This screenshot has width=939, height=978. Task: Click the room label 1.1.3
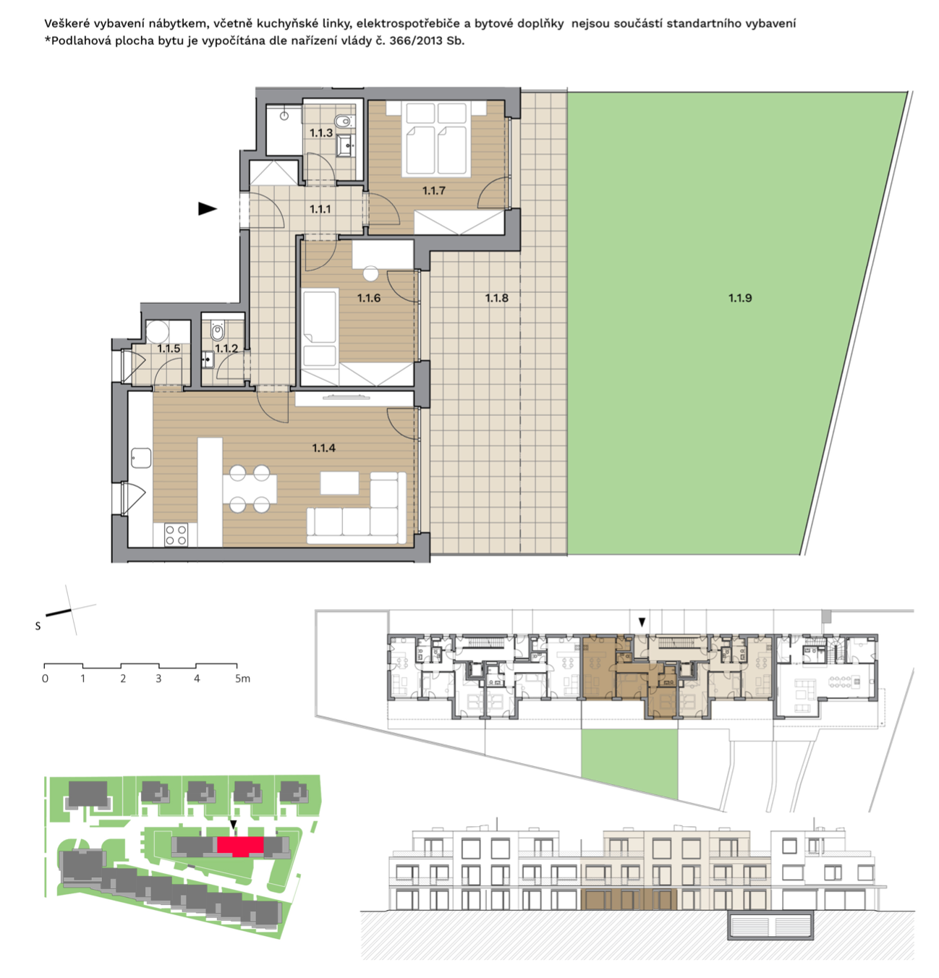[x=320, y=132]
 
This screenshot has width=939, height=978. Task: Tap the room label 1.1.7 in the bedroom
[x=433, y=190]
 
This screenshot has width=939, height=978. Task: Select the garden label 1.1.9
[x=740, y=298]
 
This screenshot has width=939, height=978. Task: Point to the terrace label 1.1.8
[x=496, y=298]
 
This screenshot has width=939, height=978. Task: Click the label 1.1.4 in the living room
[x=323, y=448]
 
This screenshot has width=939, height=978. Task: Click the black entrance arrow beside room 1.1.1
[x=207, y=208]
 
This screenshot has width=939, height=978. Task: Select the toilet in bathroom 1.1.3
[x=344, y=122]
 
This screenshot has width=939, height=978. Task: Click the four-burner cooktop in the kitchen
[x=176, y=535]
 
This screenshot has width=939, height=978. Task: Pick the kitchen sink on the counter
[x=141, y=458]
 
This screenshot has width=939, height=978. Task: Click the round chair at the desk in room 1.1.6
[x=371, y=273]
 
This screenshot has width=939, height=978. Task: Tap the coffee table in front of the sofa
[x=340, y=482]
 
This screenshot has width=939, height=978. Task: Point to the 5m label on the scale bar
[x=242, y=679]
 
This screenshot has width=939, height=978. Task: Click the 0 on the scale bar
[x=46, y=679]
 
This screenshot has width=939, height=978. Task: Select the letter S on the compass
[x=38, y=626]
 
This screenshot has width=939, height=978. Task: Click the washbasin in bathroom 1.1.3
[x=346, y=145]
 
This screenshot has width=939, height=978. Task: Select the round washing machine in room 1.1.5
[x=157, y=332]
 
